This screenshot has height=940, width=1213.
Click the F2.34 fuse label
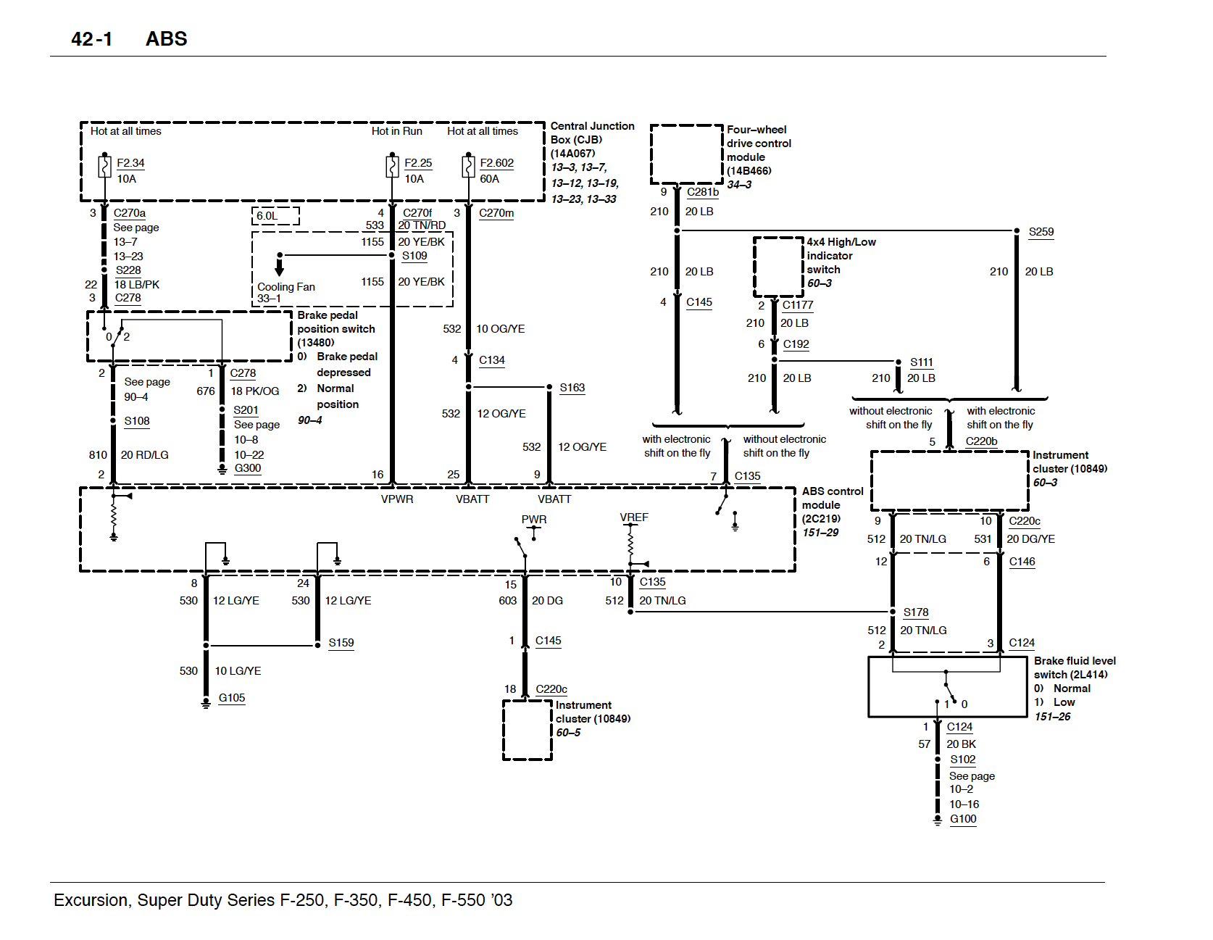pyautogui.click(x=130, y=163)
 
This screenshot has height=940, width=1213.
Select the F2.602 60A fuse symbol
pyautogui.click(x=467, y=167)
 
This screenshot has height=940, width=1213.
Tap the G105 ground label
pyautogui.click(x=232, y=698)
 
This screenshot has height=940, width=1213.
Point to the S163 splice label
pyautogui.click(x=572, y=388)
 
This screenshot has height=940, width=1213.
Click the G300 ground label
pyautogui.click(x=247, y=468)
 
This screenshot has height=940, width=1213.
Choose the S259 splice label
pyautogui.click(x=1041, y=232)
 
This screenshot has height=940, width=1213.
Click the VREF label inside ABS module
pyautogui.click(x=634, y=517)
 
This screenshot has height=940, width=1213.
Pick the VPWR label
pyautogui.click(x=397, y=499)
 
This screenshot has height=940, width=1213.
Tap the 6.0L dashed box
pyautogui.click(x=275, y=215)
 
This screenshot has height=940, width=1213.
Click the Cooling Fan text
pyautogui.click(x=286, y=287)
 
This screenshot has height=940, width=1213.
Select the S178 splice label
pyautogui.click(x=916, y=612)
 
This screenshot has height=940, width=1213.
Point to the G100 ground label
pyautogui.click(x=963, y=819)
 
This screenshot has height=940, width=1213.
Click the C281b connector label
pyautogui.click(x=703, y=192)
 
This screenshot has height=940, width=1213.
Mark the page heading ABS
pyautogui.click(x=166, y=39)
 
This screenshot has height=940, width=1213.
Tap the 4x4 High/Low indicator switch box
pyautogui.click(x=778, y=267)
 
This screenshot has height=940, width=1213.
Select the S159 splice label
pyautogui.click(x=341, y=643)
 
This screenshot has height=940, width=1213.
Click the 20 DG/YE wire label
pyautogui.click(x=1030, y=539)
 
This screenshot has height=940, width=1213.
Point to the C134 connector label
pyautogui.click(x=492, y=360)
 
